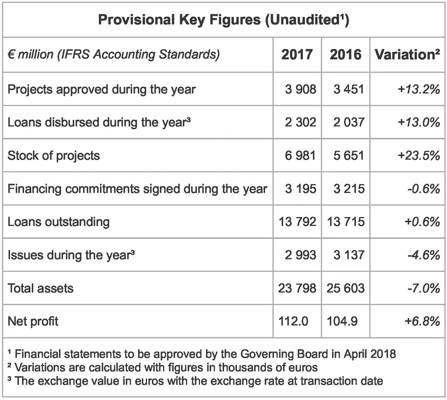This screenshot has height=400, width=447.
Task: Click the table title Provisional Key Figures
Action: point(223,21)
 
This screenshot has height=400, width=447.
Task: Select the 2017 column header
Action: point(297,55)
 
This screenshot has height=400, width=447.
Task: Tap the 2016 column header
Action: point(345,55)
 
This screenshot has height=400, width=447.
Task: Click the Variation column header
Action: point(406,55)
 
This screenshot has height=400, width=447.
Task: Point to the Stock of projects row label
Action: point(54,155)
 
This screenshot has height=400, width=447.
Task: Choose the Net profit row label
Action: point(33,321)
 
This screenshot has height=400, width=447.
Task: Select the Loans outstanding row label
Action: point(59,222)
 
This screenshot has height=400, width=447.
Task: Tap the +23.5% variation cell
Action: point(419,155)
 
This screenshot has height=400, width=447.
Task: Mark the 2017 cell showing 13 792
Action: point(297,222)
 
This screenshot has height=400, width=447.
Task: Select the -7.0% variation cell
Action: point(422,288)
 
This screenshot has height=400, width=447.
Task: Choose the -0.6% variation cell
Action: point(422,189)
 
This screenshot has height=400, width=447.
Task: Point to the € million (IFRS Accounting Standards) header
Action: point(113,55)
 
